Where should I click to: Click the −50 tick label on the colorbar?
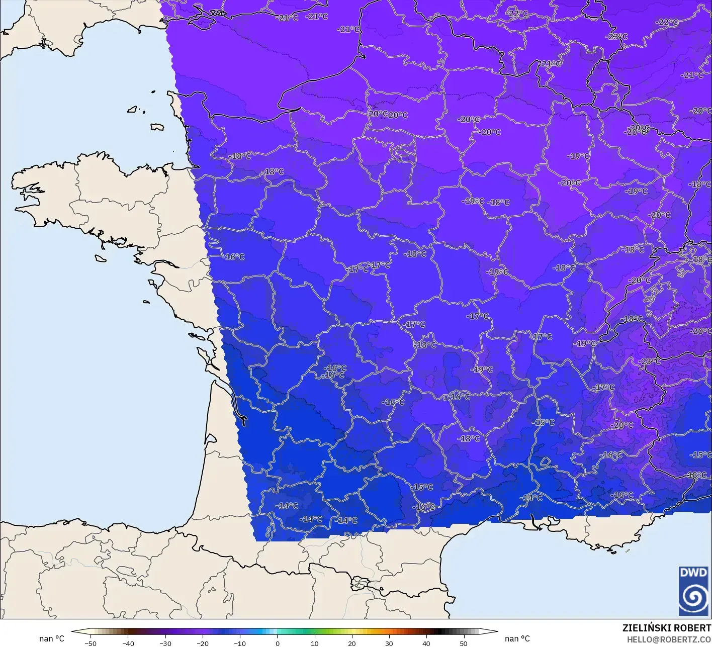[90, 643]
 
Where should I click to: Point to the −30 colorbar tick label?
[165, 643]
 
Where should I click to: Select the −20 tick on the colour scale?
[202, 643]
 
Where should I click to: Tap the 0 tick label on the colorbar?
[277, 643]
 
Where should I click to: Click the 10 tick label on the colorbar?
[314, 643]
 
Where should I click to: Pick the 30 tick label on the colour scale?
[389, 643]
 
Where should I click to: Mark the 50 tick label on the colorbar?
[463, 643]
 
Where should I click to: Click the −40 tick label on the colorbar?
[128, 643]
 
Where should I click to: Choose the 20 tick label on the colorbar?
[351, 643]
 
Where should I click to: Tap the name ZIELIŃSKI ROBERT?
[666, 628]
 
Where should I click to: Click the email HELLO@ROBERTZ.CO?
[669, 639]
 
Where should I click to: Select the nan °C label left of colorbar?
[52, 638]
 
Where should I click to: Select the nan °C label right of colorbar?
[517, 638]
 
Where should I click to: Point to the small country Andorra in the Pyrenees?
[360, 584]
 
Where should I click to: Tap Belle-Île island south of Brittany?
[100, 257]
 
